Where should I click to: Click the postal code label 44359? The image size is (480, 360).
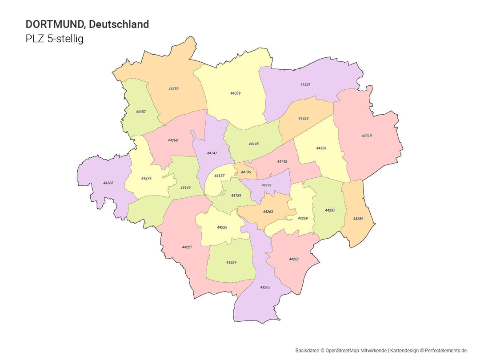click(173, 89)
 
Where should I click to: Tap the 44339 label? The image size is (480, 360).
click(235, 93)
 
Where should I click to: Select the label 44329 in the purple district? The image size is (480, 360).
click(305, 84)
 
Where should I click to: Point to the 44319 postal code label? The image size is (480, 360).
click(366, 136)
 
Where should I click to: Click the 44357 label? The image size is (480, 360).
click(140, 112)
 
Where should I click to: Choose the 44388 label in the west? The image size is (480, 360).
click(108, 183)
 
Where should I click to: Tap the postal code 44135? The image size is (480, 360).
click(246, 172)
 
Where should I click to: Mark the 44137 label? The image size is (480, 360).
click(219, 176)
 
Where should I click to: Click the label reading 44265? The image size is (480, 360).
click(265, 288)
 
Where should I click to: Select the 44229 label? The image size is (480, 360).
click(231, 263)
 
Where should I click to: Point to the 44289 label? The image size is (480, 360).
click(358, 219)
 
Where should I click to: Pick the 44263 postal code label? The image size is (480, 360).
click(268, 212)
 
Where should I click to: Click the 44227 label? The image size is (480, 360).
click(187, 247)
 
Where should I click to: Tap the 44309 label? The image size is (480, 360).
click(321, 148)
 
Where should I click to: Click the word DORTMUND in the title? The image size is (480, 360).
click(55, 24)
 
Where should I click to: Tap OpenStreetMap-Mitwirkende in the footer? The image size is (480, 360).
click(356, 351)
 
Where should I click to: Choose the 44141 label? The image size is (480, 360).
click(266, 185)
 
